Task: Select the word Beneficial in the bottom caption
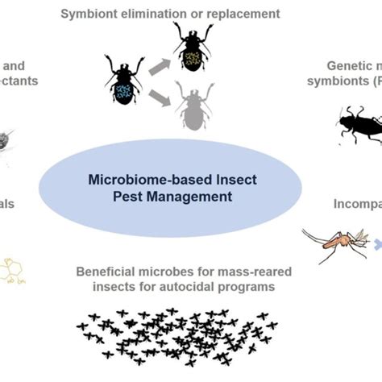point(102,272)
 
